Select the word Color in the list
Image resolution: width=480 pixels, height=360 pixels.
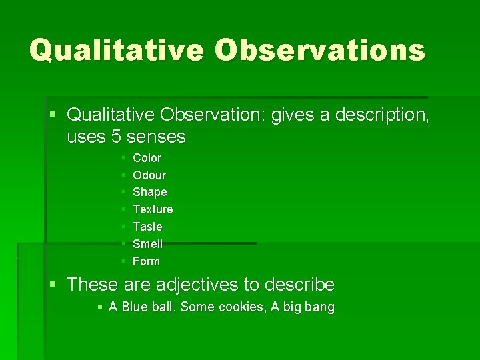point(147,158)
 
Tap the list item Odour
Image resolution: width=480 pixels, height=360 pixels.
point(149,175)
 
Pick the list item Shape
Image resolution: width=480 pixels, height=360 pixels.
point(150,192)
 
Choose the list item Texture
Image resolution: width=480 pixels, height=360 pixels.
point(153,209)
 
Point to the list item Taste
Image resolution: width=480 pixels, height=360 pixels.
point(147,227)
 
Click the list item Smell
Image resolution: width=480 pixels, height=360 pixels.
point(147,244)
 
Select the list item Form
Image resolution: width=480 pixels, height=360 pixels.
point(146,261)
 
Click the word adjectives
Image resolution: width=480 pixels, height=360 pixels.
point(197,285)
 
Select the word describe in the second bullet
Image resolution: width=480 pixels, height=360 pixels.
point(299,285)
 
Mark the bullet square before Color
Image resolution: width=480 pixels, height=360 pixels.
point(124,158)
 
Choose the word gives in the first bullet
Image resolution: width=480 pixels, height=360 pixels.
point(289,115)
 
